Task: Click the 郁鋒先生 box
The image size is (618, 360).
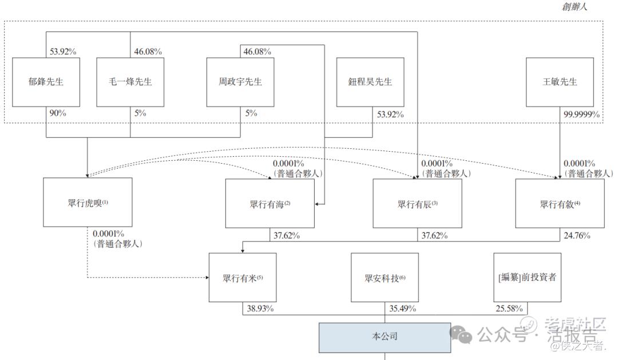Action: pos(46,82)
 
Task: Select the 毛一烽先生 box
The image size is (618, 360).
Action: pos(130,82)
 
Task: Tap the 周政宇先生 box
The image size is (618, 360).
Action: pos(240,82)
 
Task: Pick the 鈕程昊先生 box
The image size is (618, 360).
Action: pos(371,82)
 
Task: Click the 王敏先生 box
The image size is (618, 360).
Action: pos(559,82)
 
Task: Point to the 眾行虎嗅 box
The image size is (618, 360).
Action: pos(87,203)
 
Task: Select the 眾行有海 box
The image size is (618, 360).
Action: pos(270,204)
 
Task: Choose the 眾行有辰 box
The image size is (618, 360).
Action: pos(417,204)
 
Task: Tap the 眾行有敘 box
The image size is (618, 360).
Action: pos(559,204)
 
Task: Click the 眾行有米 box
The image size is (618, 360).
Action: pos(242,278)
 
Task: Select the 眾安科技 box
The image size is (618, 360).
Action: pos(385,278)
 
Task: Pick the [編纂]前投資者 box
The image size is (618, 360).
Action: pos(527,278)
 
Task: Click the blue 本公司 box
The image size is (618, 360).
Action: pos(385,336)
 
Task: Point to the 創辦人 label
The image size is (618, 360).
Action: pos(575,7)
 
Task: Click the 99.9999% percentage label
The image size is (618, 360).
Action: pos(582,114)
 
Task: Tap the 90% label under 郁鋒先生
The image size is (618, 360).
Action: pos(58,113)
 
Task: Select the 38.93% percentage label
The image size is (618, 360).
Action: pos(260,308)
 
